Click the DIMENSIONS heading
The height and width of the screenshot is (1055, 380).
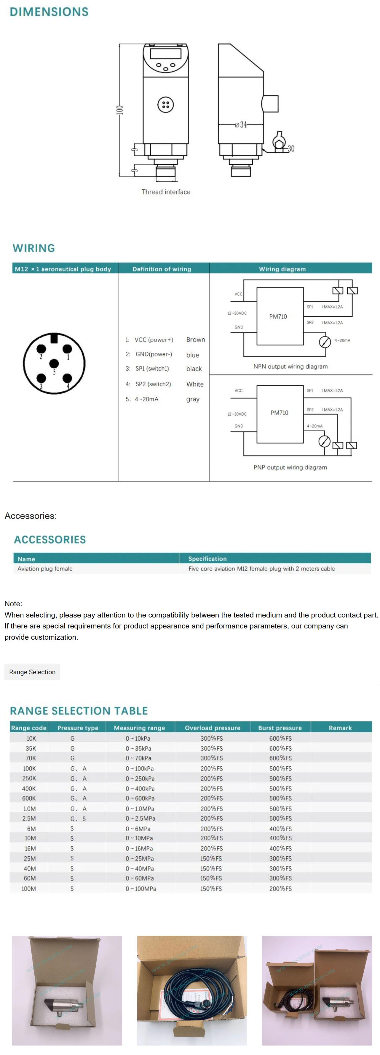pyautogui.click(x=49, y=12)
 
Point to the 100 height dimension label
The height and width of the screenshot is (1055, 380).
pyautogui.click(x=119, y=110)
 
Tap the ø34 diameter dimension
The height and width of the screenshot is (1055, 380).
pyautogui.click(x=241, y=125)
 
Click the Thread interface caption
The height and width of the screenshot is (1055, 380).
pyautogui.click(x=166, y=192)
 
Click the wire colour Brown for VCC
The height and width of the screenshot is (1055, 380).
pyautogui.click(x=196, y=340)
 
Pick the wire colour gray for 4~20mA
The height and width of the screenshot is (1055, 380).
pyautogui.click(x=193, y=399)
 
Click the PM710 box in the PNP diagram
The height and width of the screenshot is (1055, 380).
pyautogui.click(x=280, y=413)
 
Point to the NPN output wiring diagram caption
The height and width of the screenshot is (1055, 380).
pyautogui.click(x=290, y=366)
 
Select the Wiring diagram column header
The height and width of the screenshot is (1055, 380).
pyautogui.click(x=282, y=269)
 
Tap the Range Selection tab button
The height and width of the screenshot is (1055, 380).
pyautogui.click(x=32, y=672)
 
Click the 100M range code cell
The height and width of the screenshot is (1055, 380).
pyautogui.click(x=29, y=888)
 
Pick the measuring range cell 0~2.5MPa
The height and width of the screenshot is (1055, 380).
pyautogui.click(x=140, y=818)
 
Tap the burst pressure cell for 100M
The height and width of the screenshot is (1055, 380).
pyautogui.click(x=280, y=888)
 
